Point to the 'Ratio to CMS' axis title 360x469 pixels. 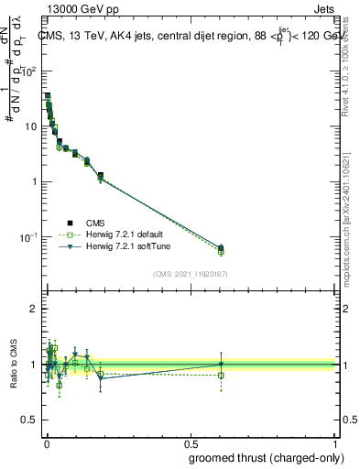click(12, 365)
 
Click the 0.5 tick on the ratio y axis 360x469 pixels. click(32, 420)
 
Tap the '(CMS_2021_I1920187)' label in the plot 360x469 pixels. click(190, 274)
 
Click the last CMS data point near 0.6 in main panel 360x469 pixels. click(221, 247)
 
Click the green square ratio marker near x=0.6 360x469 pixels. click(221, 375)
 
